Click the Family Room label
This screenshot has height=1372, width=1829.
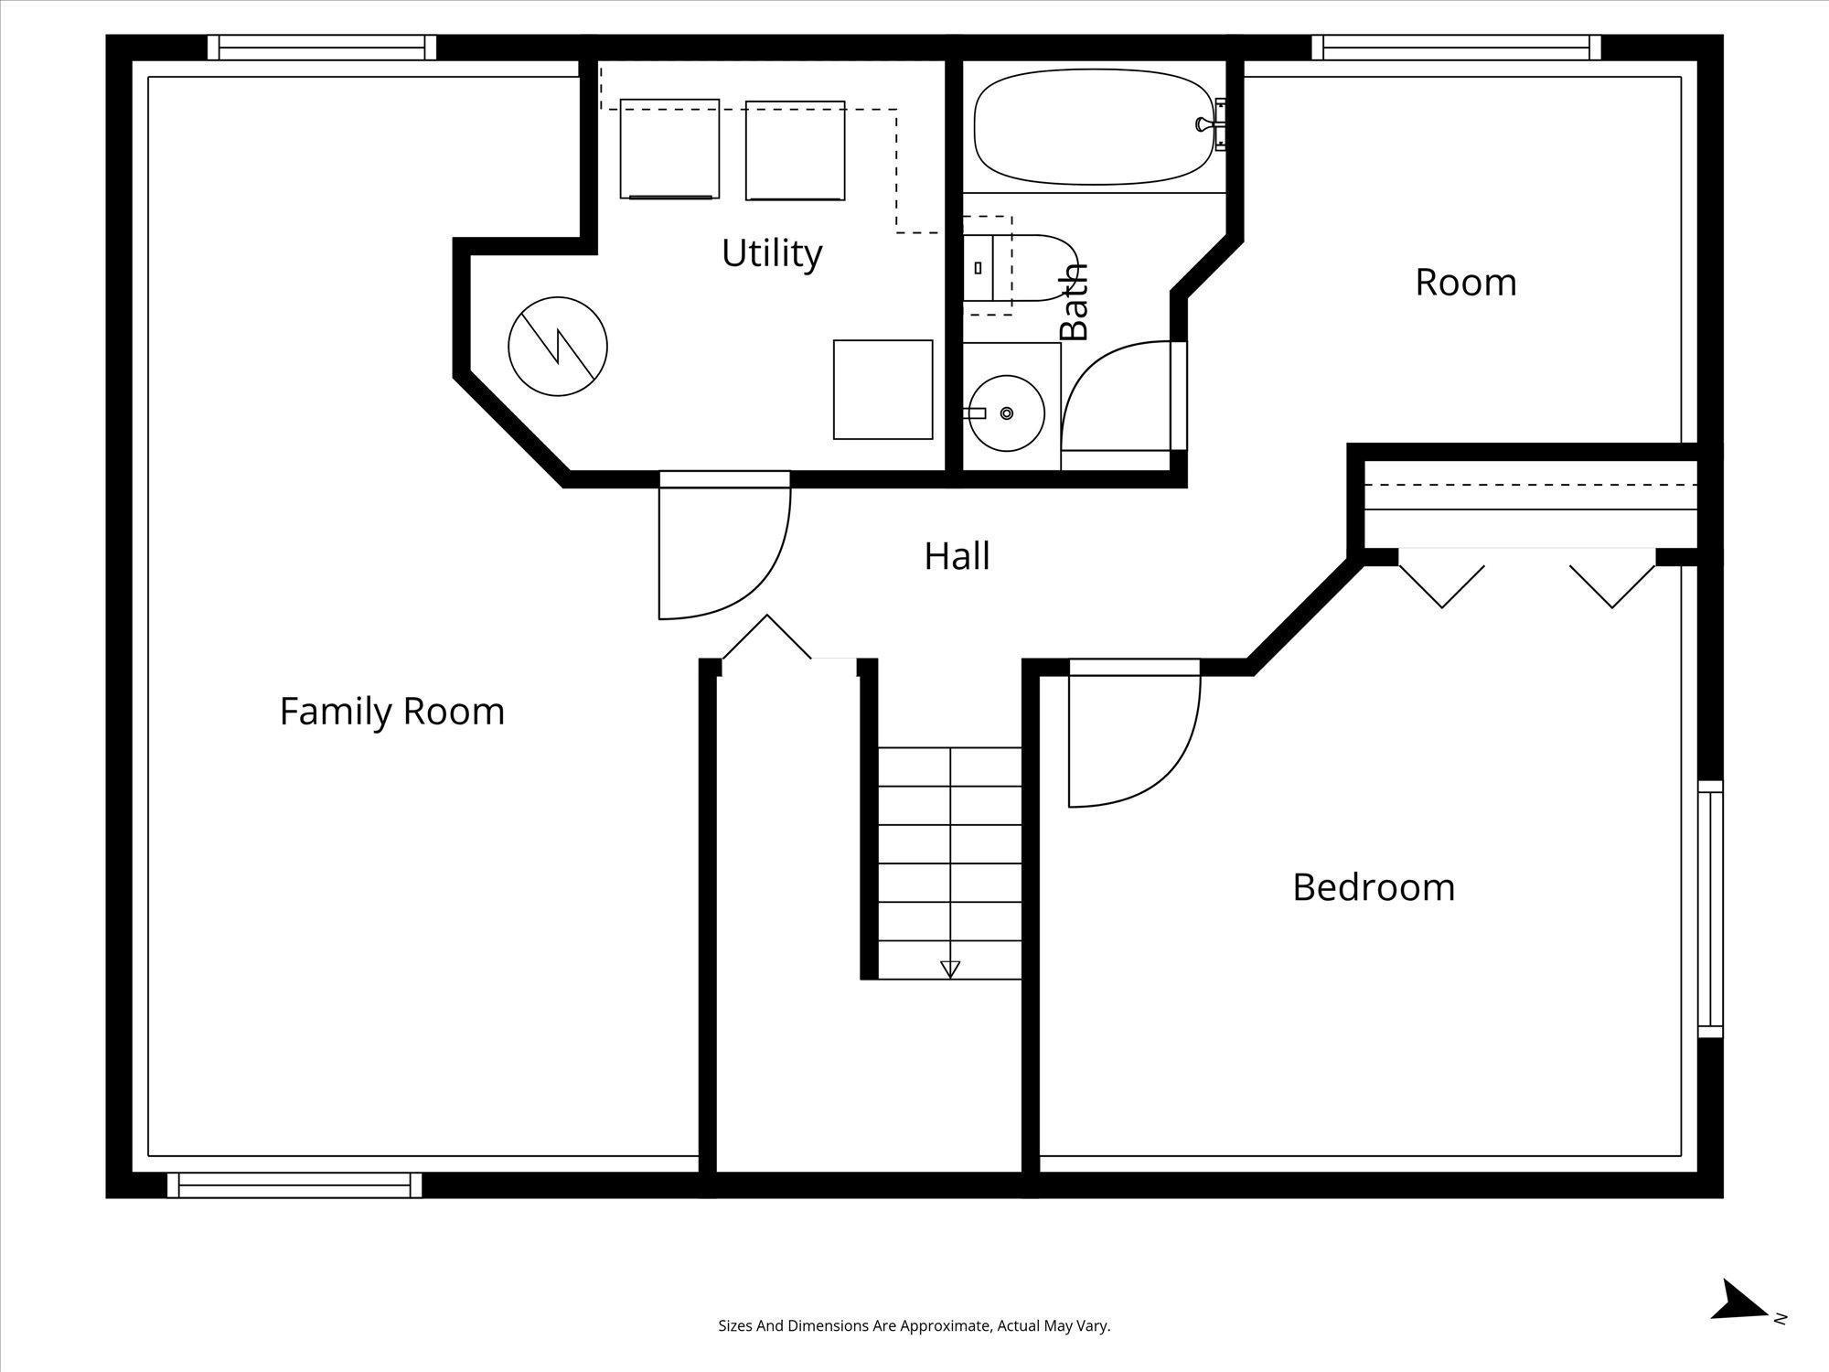[392, 712]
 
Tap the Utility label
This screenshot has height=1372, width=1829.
[772, 253]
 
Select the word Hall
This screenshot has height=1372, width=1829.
[957, 556]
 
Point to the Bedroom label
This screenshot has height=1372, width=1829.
[1374, 887]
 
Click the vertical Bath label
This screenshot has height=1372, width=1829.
[1075, 302]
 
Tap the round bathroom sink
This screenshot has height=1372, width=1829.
[1006, 413]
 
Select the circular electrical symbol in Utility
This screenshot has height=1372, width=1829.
[558, 347]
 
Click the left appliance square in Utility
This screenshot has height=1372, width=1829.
[669, 149]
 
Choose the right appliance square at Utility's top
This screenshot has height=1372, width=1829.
[795, 150]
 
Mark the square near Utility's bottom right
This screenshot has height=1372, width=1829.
[882, 390]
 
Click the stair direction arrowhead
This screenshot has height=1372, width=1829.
[950, 970]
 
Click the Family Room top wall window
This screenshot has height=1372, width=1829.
[322, 48]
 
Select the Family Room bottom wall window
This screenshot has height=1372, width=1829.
[294, 1185]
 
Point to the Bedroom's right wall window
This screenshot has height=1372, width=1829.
[1710, 908]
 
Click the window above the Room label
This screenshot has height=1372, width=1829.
[1456, 48]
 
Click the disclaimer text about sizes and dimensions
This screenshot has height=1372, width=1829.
[914, 1325]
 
